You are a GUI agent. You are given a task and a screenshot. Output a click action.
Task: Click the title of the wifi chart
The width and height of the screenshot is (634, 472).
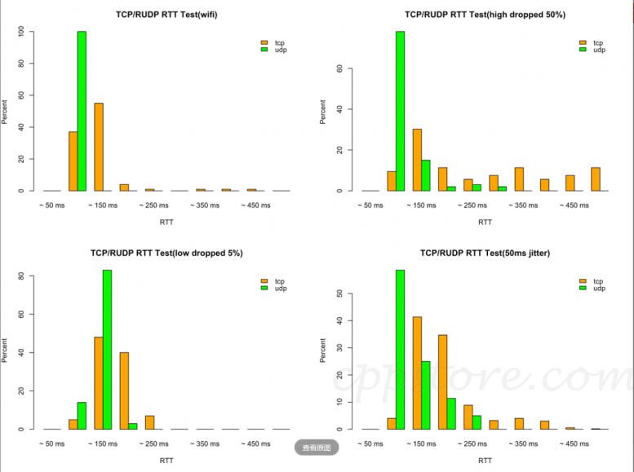point(166,14)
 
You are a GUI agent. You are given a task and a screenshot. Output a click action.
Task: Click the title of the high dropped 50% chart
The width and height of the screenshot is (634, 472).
point(485,14)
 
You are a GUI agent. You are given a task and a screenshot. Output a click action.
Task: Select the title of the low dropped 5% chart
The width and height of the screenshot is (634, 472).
point(166,253)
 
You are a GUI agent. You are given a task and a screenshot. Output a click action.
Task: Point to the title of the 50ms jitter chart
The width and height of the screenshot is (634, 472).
point(485,253)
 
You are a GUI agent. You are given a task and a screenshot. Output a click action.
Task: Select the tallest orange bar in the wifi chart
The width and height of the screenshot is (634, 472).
point(99,147)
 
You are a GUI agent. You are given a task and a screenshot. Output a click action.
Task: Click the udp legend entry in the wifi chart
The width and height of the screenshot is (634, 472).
point(276,50)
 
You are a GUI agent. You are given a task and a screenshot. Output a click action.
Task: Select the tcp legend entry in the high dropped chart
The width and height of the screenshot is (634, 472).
point(593,42)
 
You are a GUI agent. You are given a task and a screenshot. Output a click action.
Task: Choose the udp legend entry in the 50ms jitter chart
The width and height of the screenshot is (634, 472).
point(593,289)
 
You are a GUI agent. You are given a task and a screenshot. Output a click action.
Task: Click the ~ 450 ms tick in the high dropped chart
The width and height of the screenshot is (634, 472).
point(574,205)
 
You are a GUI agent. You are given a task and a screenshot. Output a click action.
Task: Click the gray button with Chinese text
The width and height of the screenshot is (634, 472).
point(316,447)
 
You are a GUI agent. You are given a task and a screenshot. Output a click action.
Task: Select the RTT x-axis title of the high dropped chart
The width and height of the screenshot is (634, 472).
point(485,222)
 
